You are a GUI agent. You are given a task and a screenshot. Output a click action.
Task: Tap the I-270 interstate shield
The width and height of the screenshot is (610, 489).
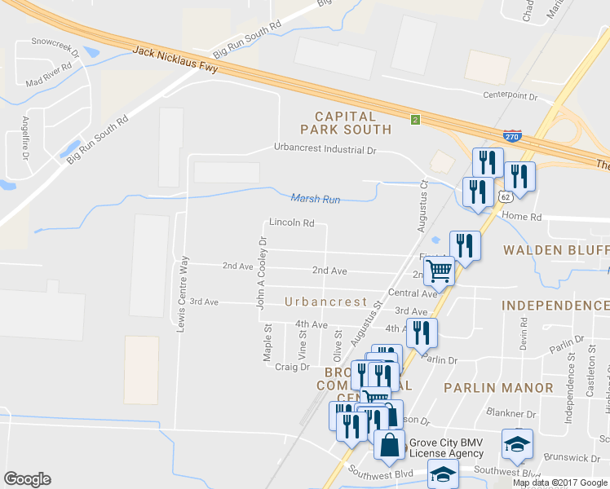click(512, 136)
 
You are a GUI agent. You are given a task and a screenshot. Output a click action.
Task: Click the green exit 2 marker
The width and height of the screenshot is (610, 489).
click(415, 120)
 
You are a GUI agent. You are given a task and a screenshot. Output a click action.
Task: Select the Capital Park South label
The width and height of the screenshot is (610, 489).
click(346, 123)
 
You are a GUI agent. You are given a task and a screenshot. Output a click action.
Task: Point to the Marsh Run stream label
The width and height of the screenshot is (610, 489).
click(315, 198)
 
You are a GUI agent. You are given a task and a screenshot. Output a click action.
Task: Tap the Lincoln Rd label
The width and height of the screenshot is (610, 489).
click(291, 222)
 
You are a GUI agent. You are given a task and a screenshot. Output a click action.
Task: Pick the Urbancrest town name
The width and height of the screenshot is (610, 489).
click(325, 302)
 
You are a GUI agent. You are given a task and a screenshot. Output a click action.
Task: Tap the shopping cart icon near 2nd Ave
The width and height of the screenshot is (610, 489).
click(439, 270)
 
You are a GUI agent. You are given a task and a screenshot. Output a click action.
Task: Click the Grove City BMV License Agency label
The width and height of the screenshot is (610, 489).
click(445, 447)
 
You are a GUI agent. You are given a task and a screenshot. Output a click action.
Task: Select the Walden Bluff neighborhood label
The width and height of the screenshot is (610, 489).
click(555, 249)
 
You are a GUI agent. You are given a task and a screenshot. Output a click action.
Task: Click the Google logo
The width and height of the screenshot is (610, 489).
click(27, 479)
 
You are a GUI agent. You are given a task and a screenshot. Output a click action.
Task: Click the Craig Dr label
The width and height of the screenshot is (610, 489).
click(292, 367)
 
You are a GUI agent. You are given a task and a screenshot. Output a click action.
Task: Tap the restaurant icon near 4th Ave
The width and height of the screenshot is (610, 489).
click(422, 333)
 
